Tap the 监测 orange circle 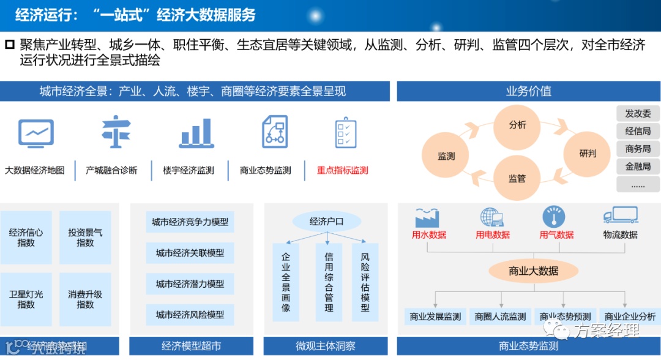click(x=447, y=156)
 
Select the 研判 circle click(x=588, y=153)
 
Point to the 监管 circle click(x=517, y=178)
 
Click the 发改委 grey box click(x=638, y=113)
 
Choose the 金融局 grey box click(x=638, y=166)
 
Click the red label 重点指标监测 click(x=343, y=170)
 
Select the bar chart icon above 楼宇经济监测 click(x=196, y=132)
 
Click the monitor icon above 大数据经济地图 click(x=36, y=132)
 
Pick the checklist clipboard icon click(x=345, y=132)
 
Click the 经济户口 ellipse click(x=326, y=221)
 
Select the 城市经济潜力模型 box click(x=190, y=284)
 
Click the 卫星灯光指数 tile click(x=26, y=299)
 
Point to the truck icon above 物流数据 click(x=620, y=216)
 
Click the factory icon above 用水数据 click(x=428, y=217)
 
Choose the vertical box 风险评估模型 click(x=365, y=282)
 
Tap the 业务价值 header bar click(x=528, y=91)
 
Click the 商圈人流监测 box click(x=501, y=317)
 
